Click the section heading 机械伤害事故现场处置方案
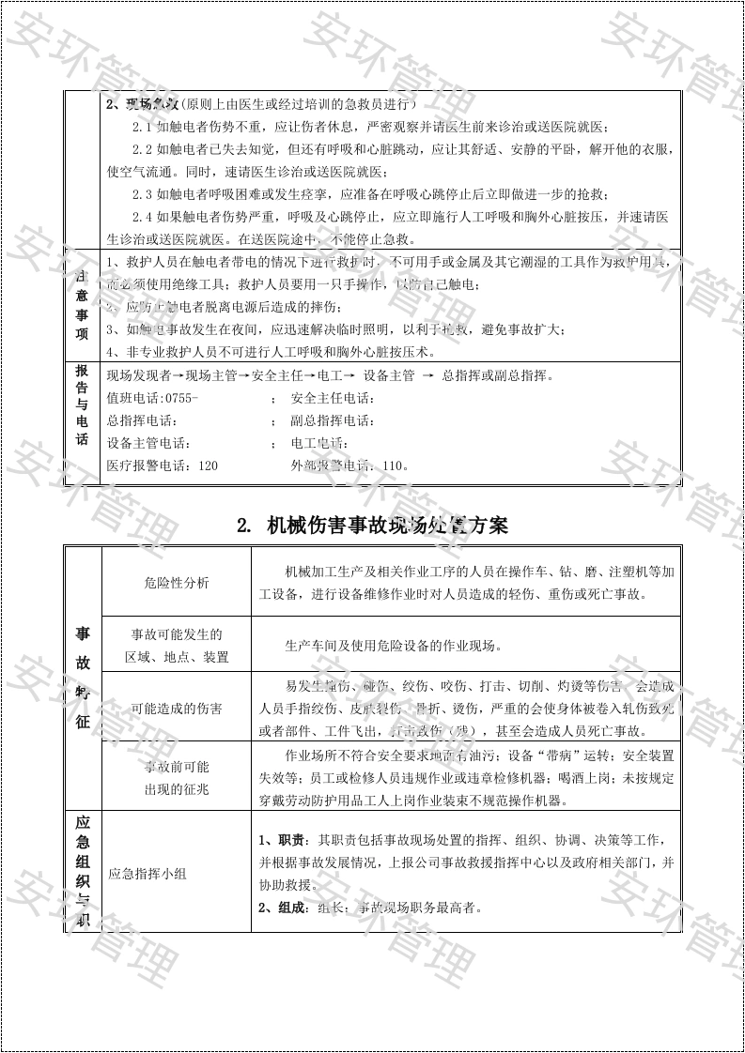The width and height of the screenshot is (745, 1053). pyautogui.click(x=373, y=526)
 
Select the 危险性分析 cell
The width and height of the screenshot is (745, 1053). pyautogui.click(x=177, y=583)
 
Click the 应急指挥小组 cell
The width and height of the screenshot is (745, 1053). pyautogui.click(x=147, y=874)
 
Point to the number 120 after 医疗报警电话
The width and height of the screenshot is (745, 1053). pyautogui.click(x=207, y=465)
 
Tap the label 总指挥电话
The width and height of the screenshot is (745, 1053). pyautogui.click(x=141, y=420)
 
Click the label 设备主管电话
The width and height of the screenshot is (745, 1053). pyautogui.click(x=147, y=443)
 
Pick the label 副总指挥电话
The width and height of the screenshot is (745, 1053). pyautogui.click(x=332, y=420)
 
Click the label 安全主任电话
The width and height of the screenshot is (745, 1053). pyautogui.click(x=332, y=398)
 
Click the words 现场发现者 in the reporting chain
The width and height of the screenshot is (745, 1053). pyautogui.click(x=134, y=376)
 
